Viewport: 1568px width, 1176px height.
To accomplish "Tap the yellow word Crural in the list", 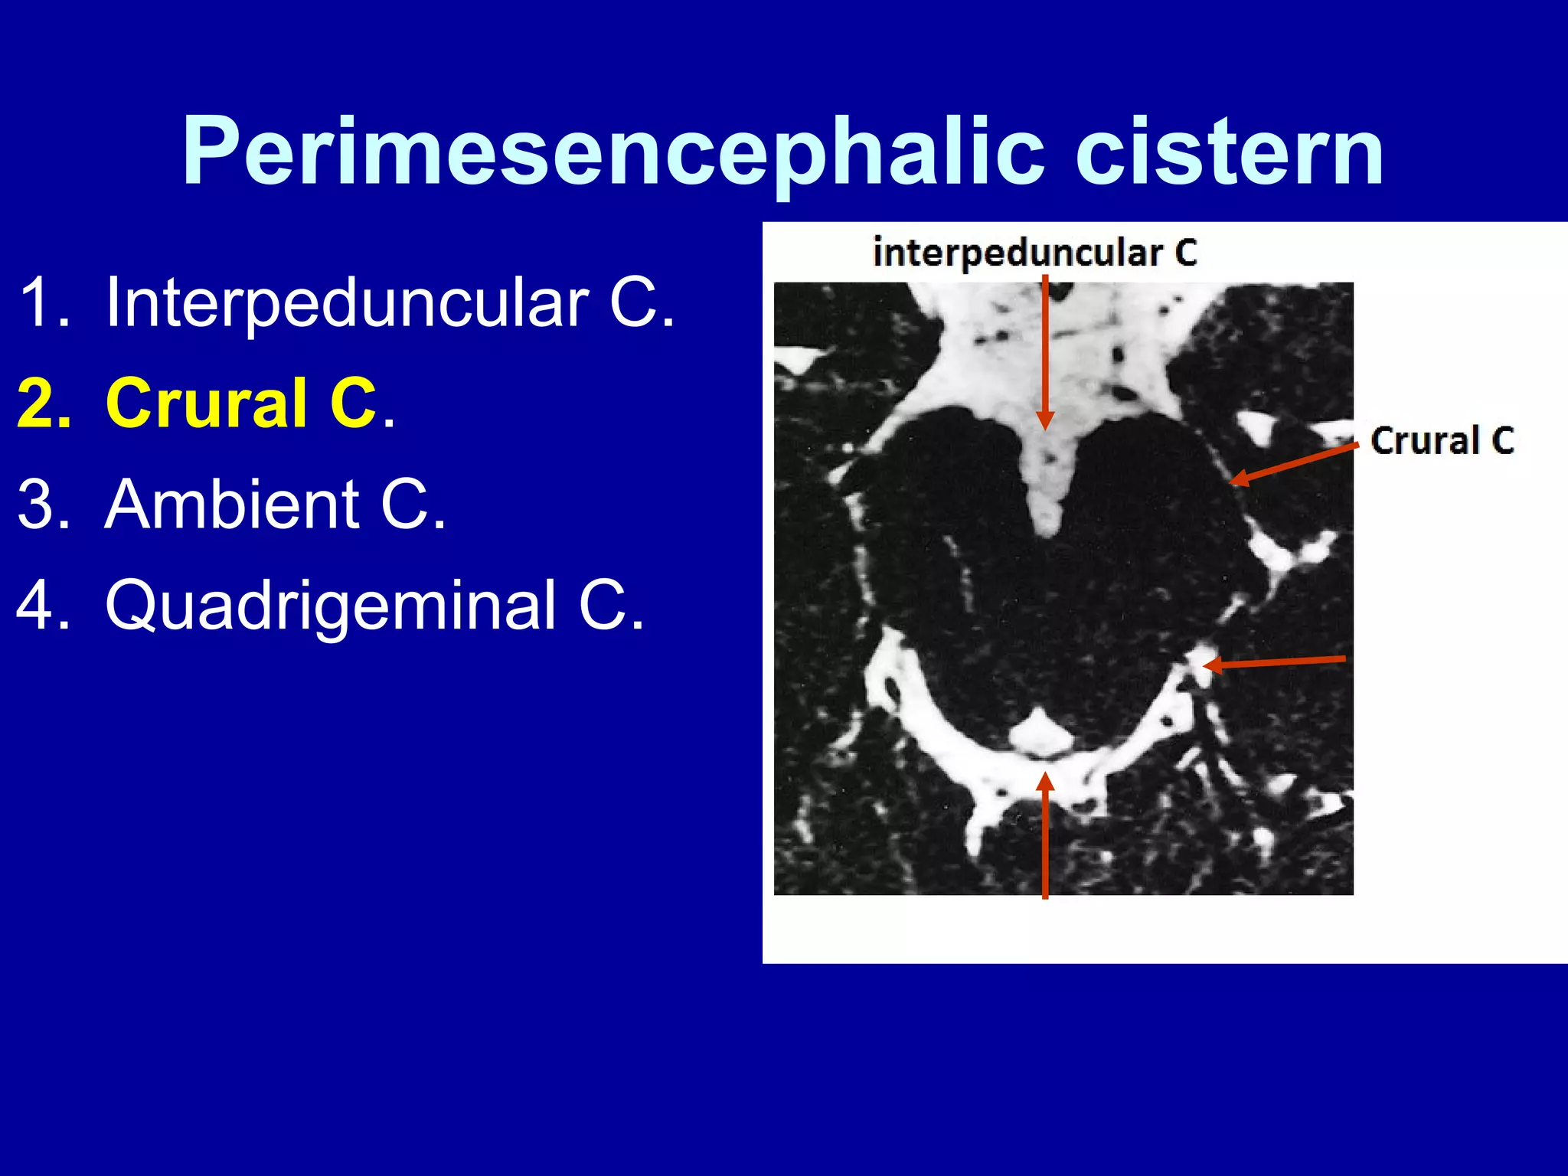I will (207, 403).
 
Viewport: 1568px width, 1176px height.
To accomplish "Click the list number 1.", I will (38, 303).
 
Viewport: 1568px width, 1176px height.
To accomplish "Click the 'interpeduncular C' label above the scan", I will (1034, 253).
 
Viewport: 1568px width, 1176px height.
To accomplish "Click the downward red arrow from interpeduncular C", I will (1045, 352).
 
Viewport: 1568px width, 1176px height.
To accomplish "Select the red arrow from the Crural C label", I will (1294, 464).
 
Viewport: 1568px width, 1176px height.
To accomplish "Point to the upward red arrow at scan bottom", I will (1045, 835).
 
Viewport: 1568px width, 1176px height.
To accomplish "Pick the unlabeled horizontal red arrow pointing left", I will (1274, 662).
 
